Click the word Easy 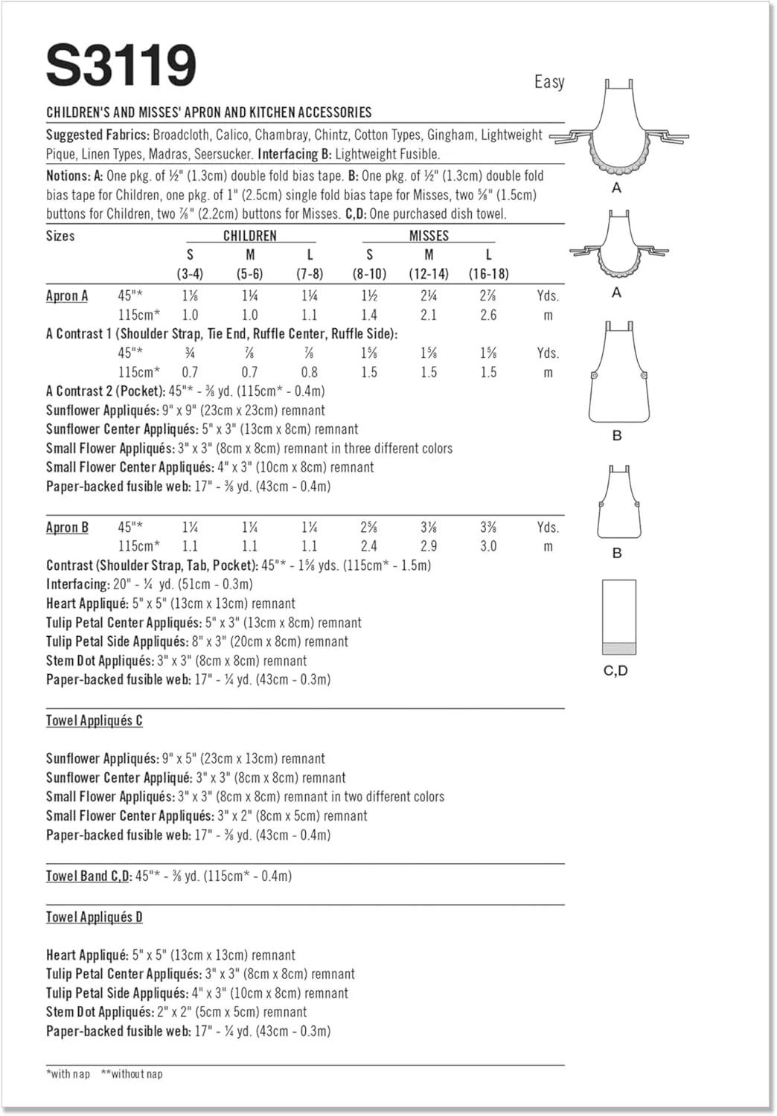[549, 82]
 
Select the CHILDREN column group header [250, 236]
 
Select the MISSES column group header [429, 236]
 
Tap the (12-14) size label [429, 274]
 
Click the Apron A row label [67, 296]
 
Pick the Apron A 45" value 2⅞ [488, 296]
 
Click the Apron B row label [67, 527]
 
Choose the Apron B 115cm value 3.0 [488, 546]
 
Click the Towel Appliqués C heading [95, 721]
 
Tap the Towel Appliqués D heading [95, 917]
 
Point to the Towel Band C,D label [89, 876]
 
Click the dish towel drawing [618, 617]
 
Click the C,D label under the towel [615, 671]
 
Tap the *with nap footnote [68, 1074]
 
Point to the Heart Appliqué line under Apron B [170, 603]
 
